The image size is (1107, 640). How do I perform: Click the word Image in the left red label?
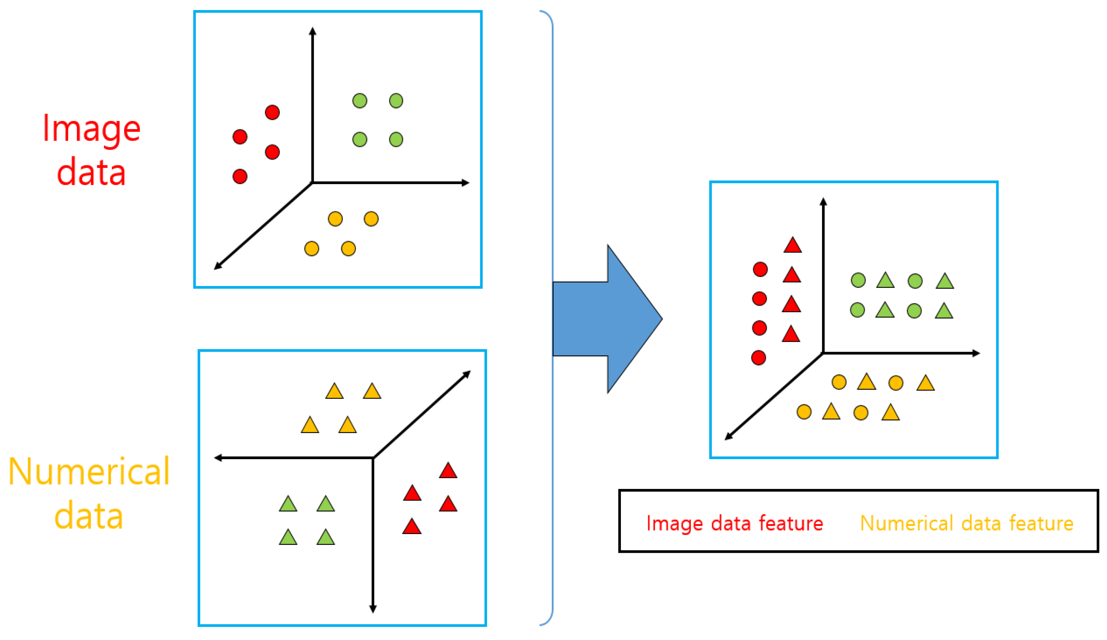(92, 129)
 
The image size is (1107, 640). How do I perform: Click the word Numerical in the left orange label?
(89, 472)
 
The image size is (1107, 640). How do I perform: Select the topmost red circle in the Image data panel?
(272, 112)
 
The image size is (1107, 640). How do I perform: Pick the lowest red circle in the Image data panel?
(240, 177)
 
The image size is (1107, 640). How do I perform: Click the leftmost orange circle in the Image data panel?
(312, 249)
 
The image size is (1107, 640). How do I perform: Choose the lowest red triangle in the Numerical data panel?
(412, 527)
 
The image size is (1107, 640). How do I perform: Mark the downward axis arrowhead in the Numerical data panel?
(373, 609)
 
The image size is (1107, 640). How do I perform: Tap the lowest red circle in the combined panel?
(759, 358)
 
